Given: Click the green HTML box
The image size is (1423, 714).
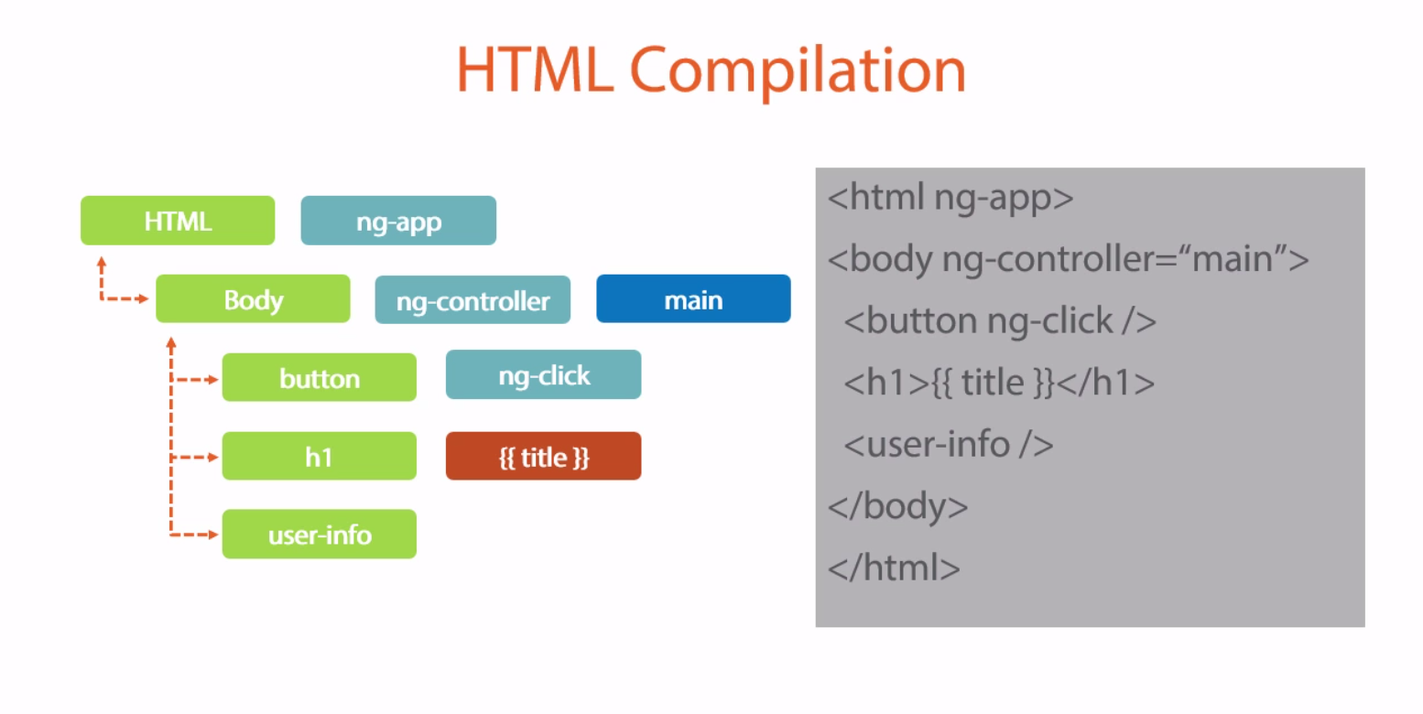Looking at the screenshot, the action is (x=178, y=221).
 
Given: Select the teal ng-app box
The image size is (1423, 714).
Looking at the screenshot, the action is (x=398, y=221).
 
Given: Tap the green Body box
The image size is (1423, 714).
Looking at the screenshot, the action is (x=253, y=299).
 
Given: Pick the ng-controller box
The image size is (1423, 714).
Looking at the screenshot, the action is (x=473, y=300).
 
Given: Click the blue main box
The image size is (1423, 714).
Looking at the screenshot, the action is (x=693, y=299).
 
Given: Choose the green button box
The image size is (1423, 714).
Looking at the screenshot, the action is (x=319, y=378).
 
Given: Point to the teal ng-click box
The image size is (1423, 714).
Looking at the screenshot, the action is (x=543, y=375).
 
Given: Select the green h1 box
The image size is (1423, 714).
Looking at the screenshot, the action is (x=319, y=457).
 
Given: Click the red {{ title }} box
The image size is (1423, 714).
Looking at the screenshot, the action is (x=543, y=457).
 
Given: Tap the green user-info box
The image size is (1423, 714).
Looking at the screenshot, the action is (x=319, y=535).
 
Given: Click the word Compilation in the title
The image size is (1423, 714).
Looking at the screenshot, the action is (x=797, y=70).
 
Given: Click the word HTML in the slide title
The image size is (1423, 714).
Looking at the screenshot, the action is (x=535, y=70).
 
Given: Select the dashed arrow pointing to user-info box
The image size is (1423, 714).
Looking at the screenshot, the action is (x=195, y=535).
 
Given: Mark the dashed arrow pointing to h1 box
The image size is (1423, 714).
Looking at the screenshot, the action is (x=195, y=457).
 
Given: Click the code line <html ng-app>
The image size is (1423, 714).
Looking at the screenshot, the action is (x=950, y=198).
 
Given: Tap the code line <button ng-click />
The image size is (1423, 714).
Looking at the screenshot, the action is (x=1000, y=321).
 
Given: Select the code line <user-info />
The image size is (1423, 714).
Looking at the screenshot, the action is (x=949, y=445).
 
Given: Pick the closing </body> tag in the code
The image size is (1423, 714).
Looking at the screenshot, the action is (x=897, y=506).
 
